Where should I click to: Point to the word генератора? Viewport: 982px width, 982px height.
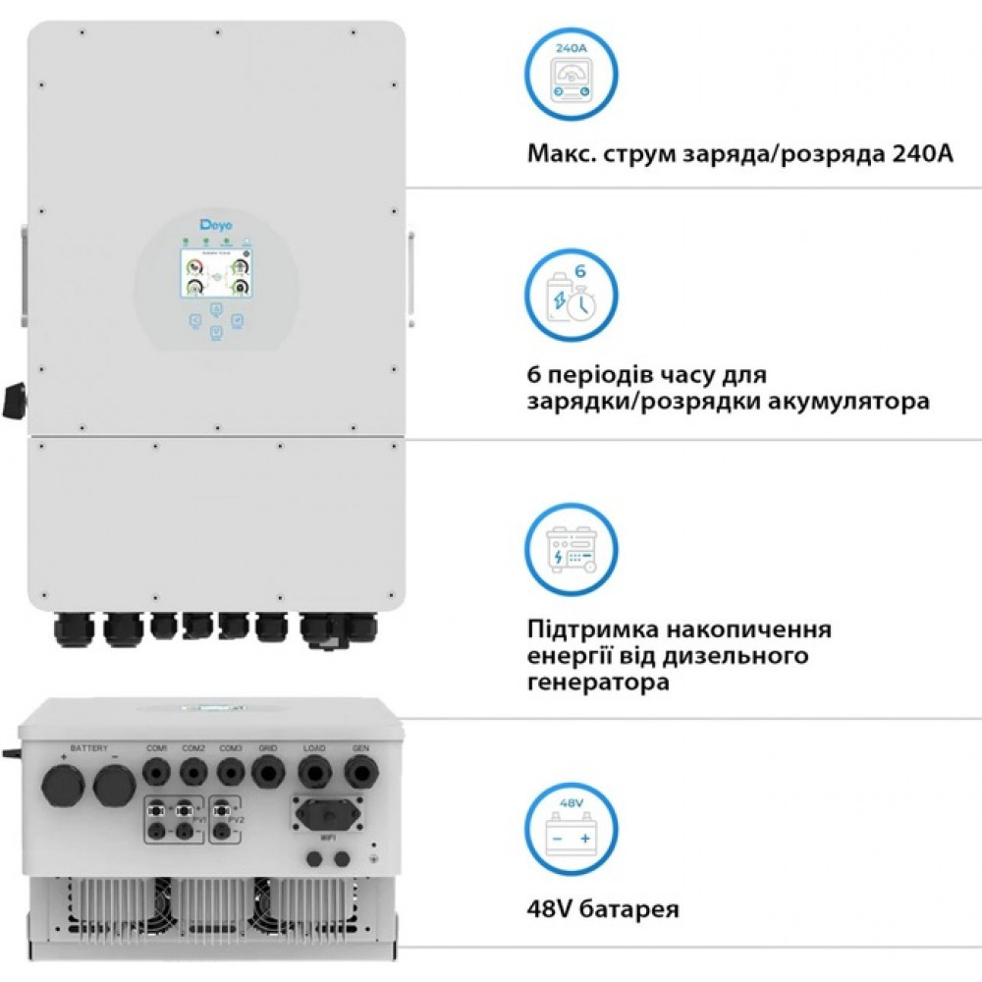[x=599, y=682]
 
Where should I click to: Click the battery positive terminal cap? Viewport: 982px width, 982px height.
[x=62, y=787]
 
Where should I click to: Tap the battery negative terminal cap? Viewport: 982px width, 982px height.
[x=115, y=787]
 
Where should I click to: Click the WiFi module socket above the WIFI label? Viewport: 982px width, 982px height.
[x=325, y=814]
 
